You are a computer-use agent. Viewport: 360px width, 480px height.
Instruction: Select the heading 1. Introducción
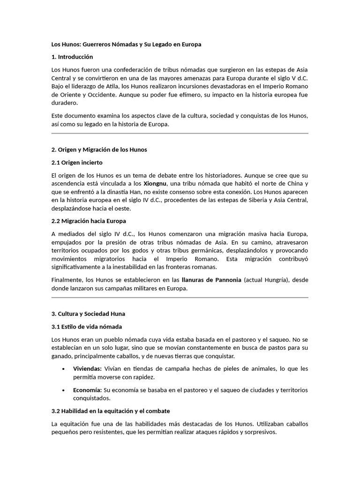pos(72,57)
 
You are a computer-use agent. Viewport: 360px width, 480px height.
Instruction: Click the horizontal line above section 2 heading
pos(180,134)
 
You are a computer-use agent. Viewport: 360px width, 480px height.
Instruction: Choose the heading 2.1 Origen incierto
pos(77,162)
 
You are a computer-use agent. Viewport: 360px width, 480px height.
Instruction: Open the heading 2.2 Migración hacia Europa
pos(89,220)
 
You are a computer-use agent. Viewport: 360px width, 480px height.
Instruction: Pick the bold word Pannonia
pos(225,280)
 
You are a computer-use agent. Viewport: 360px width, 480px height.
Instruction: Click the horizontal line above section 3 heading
pos(180,297)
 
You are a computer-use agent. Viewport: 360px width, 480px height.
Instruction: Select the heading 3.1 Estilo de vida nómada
pos(87,326)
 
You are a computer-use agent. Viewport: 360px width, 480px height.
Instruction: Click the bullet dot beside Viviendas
pos(63,369)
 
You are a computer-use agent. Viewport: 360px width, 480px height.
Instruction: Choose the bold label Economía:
pos(87,390)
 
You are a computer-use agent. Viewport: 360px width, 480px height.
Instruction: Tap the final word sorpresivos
pos(258,432)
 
